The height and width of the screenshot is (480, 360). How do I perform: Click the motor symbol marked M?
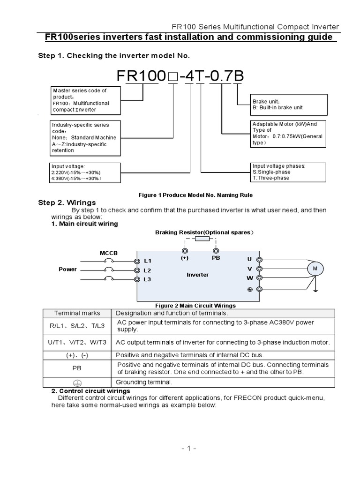tap(315, 269)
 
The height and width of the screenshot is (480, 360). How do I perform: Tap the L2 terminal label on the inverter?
tap(148, 270)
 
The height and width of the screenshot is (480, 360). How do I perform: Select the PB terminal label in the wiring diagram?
tap(216, 258)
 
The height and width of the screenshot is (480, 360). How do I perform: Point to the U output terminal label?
tap(249, 259)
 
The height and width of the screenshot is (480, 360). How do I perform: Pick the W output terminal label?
tap(249, 278)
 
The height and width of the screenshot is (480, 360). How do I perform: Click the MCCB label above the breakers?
tap(109, 253)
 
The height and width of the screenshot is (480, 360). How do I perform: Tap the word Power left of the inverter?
tap(67, 270)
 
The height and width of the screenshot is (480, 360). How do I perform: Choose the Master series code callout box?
tap(85, 100)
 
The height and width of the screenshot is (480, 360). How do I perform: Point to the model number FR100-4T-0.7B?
tap(180, 76)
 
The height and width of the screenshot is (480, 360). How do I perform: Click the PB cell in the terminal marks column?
tap(77, 368)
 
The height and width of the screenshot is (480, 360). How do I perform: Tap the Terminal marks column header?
tap(77, 313)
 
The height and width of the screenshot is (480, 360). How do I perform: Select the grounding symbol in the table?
tap(77, 382)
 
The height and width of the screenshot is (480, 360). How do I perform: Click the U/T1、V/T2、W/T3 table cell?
tap(77, 342)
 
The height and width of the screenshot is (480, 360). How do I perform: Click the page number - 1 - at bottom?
tap(187, 449)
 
